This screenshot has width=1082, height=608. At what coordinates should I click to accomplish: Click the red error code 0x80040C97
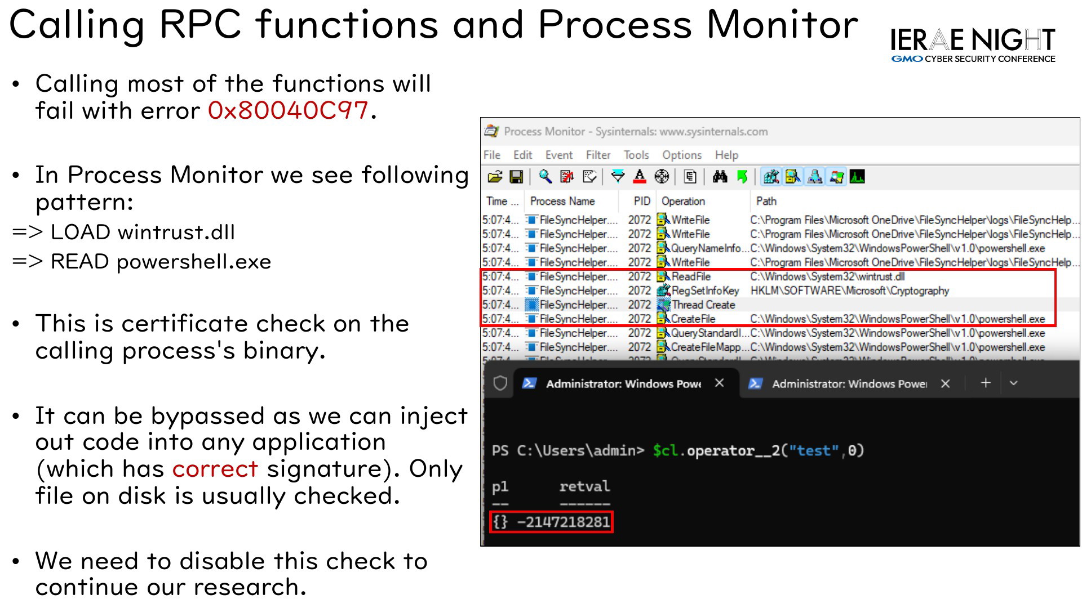pyautogui.click(x=288, y=110)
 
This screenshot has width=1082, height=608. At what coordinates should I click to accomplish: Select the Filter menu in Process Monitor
pyautogui.click(x=598, y=155)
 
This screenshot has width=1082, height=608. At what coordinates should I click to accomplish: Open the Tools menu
pyautogui.click(x=636, y=155)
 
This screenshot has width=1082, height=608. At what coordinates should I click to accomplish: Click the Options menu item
pyautogui.click(x=682, y=155)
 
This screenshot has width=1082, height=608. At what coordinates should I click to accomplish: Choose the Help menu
pyautogui.click(x=726, y=155)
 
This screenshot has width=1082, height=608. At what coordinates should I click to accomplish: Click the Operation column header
pyautogui.click(x=683, y=201)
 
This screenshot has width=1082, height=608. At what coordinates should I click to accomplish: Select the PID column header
pyautogui.click(x=642, y=201)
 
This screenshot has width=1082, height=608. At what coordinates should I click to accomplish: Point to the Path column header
pyautogui.click(x=766, y=201)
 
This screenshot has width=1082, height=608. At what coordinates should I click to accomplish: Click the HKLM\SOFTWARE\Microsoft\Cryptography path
pyautogui.click(x=850, y=290)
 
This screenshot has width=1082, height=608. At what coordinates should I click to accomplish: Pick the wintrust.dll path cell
pyautogui.click(x=827, y=276)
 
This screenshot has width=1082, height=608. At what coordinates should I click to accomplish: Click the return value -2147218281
pyautogui.click(x=564, y=522)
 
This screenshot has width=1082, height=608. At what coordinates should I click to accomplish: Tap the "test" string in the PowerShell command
pyautogui.click(x=813, y=450)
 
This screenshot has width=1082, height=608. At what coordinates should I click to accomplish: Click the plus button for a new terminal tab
pyautogui.click(x=986, y=383)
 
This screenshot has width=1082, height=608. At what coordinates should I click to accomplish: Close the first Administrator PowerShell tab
pyautogui.click(x=719, y=383)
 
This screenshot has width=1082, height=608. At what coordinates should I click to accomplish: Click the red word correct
pyautogui.click(x=215, y=469)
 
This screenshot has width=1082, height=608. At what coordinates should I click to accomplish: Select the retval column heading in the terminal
pyautogui.click(x=584, y=486)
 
